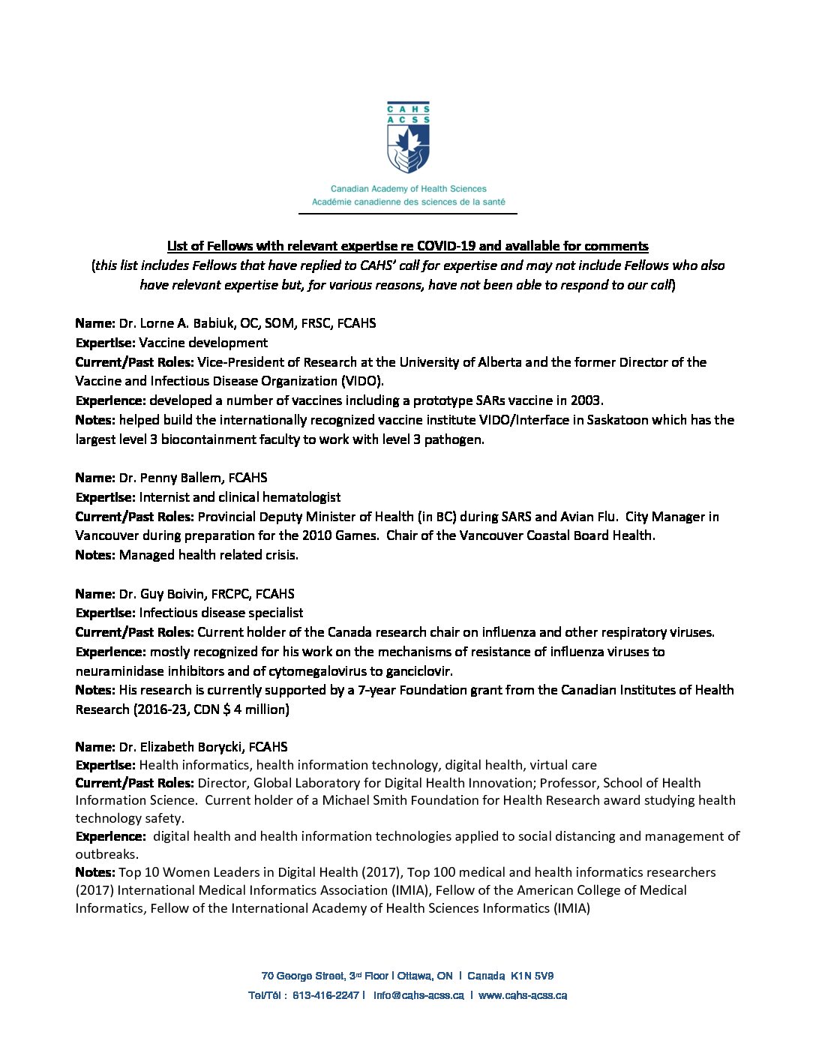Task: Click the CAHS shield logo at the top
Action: pos(408,138)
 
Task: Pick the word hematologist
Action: pos(300,497)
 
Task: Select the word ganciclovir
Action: pos(417,671)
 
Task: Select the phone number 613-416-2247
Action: pos(325,995)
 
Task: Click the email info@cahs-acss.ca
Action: pos(418,995)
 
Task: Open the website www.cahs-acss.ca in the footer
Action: pos(522,995)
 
